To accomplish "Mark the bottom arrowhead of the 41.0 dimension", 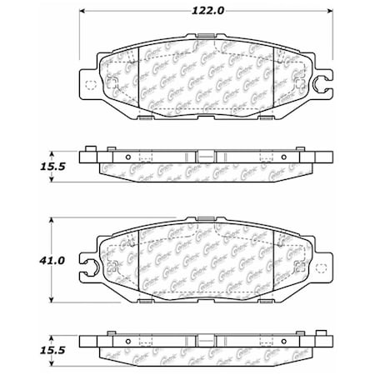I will click(x=53, y=301).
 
